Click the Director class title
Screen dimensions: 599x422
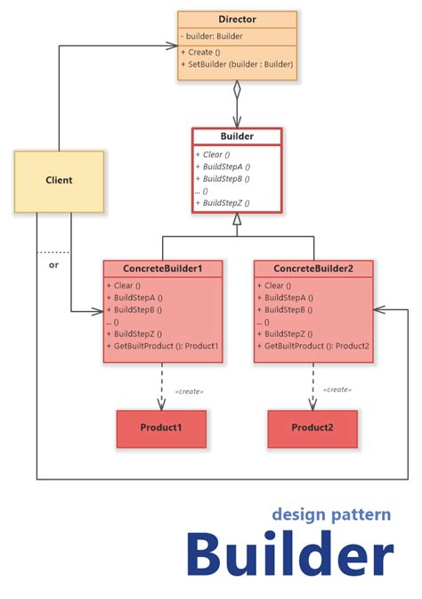(237, 19)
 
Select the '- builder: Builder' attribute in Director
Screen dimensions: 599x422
(213, 36)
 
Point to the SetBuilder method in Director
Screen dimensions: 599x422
(236, 64)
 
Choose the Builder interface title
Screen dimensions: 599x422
(237, 136)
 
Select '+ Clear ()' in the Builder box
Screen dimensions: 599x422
(211, 153)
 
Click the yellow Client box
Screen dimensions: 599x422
(59, 181)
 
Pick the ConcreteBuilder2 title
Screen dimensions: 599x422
(312, 268)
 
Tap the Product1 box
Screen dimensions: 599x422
(161, 428)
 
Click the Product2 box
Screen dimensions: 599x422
(312, 428)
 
